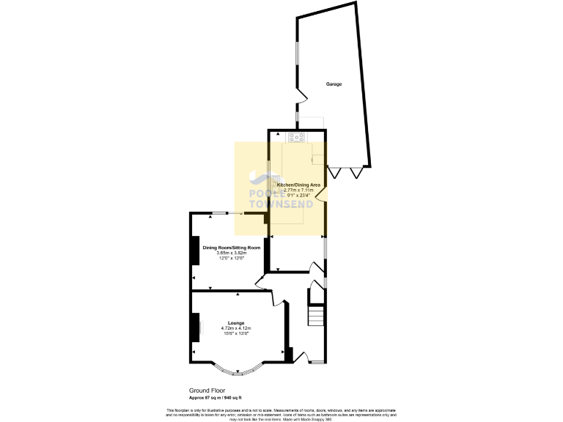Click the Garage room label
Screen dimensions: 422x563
click(334, 84)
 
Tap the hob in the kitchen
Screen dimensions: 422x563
click(298, 137)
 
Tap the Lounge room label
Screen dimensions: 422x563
click(236, 323)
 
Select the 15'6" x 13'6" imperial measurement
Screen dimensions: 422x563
click(236, 334)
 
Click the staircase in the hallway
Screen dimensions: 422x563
click(315, 316)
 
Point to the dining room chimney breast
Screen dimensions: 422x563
click(195, 250)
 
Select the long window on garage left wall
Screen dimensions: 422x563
click(297, 62)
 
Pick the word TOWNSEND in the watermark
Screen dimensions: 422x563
click(281, 204)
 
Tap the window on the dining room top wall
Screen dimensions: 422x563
click(221, 212)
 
